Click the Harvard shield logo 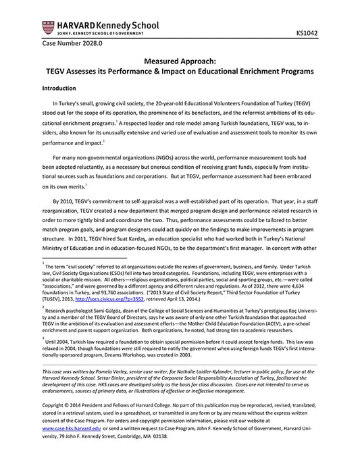click(x=48, y=28)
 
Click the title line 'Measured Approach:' click(x=179, y=59)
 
